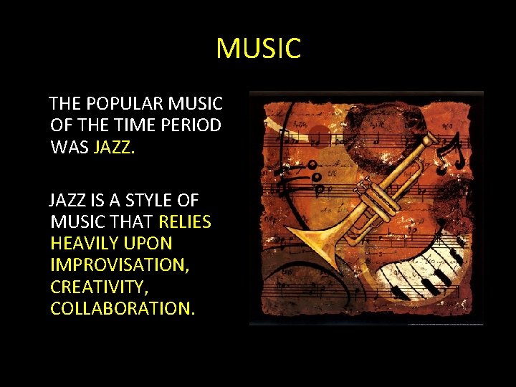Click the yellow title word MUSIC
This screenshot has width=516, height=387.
click(x=258, y=49)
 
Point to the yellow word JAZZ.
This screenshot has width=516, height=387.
click(x=113, y=148)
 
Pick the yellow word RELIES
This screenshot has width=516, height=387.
click(x=185, y=222)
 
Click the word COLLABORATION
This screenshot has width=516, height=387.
click(x=122, y=308)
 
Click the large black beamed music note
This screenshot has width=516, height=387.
click(x=453, y=154)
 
